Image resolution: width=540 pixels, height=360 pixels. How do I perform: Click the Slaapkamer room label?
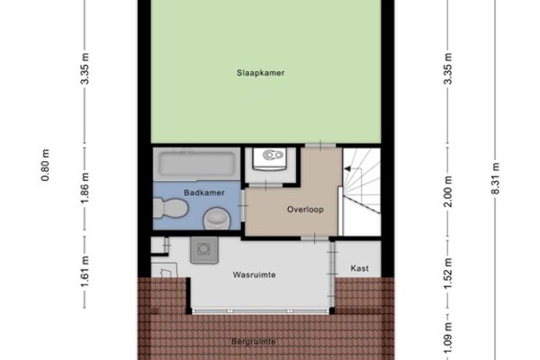coord(260,73)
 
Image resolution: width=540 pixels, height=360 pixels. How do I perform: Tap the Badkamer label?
coord(204,193)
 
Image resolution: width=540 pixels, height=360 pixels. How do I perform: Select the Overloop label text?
coord(305,210)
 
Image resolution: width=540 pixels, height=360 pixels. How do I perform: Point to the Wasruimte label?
coord(254,274)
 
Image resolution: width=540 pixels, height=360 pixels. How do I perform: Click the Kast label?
coord(359,268)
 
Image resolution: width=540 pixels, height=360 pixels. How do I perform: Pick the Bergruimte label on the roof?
coord(254,342)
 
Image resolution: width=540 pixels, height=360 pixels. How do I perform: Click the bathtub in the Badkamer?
coord(196,164)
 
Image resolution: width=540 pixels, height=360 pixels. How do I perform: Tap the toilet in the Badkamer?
coord(170,208)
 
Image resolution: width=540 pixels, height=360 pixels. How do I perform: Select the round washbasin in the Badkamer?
coord(217,219)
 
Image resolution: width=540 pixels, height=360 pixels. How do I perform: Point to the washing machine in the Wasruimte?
coord(204,250)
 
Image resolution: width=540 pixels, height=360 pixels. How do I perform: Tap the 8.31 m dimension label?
coord(495,178)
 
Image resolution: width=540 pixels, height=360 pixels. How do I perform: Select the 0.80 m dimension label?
coord(45,165)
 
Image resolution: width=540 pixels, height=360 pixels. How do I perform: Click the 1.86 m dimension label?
coord(85,188)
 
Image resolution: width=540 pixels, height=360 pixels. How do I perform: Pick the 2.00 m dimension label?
coord(447,192)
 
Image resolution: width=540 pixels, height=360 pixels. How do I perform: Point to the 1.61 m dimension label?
coord(85,272)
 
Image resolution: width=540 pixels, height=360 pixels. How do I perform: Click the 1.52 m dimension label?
coord(447,274)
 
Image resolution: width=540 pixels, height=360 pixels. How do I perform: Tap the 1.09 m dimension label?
coord(447,339)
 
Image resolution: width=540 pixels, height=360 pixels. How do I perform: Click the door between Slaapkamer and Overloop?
coord(320,146)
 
